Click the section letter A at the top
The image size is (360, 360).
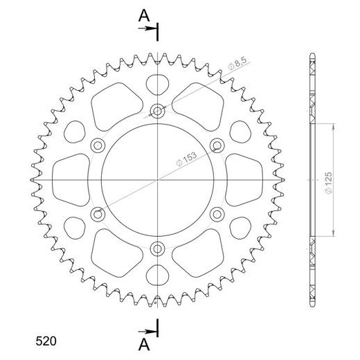click(142, 15)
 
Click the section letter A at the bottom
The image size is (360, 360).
click(142, 343)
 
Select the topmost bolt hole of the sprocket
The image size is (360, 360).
click(159, 109)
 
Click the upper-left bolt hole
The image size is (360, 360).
click(98, 144)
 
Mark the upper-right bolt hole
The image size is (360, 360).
click(219, 144)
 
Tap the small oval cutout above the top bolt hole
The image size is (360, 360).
click(159, 83)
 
